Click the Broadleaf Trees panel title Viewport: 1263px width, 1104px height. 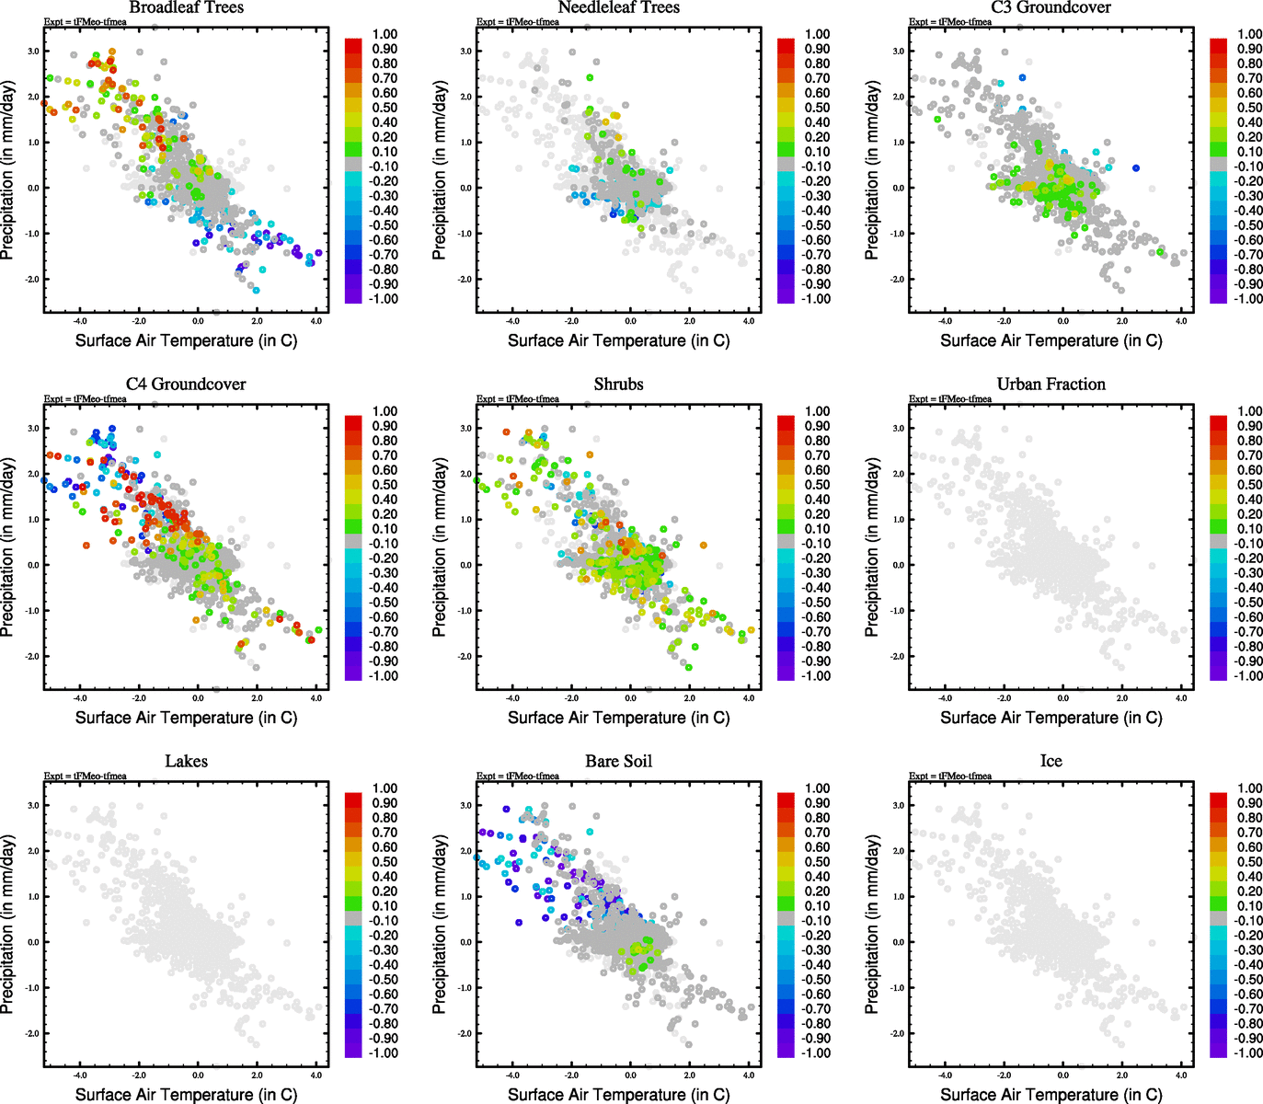pos(186,8)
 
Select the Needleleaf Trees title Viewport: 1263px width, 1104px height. pos(618,8)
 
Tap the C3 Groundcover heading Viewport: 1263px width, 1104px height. pos(1051,8)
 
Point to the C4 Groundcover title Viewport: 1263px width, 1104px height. pos(186,385)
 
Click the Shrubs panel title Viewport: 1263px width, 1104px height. pos(618,385)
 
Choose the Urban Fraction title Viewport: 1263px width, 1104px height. pos(1051,385)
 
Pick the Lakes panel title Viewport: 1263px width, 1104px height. pos(186,762)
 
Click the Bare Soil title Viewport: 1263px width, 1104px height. pos(618,762)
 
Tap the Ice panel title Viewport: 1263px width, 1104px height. pos(1051,762)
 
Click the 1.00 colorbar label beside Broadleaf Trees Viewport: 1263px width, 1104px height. pos(385,34)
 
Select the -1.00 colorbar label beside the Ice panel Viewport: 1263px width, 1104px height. pos(1247,1052)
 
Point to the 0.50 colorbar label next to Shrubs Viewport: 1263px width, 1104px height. pos(817,485)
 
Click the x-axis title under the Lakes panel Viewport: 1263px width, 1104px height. pos(186,1094)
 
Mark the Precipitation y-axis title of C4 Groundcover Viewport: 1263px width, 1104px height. pos(8,549)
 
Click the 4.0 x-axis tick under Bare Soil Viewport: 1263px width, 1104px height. pos(749,1075)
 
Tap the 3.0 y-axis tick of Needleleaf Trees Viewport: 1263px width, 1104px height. pos(466,52)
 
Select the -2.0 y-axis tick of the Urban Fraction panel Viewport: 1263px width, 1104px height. pos(898,656)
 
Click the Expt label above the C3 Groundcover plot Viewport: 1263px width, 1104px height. pos(950,22)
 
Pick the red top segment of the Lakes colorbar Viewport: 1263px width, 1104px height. pos(353,799)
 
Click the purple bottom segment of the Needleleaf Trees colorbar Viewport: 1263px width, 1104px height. pos(786,295)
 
